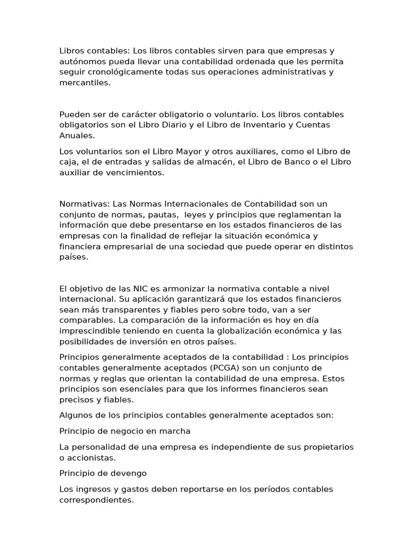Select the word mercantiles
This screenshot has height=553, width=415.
click(x=84, y=83)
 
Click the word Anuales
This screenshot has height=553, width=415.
click(x=77, y=136)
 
